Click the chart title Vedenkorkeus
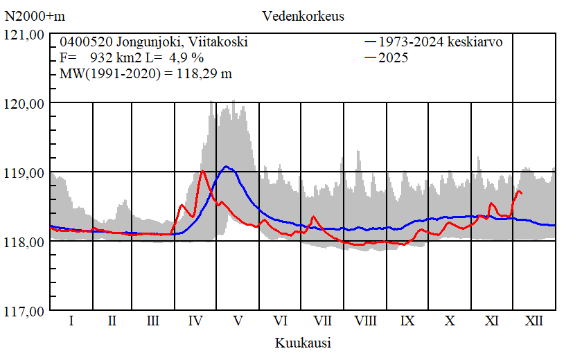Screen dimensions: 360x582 pos(303,15)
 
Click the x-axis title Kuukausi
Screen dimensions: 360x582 pos(303,343)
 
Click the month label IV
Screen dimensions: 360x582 pos(195,321)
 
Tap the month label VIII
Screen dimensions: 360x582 pos(365,321)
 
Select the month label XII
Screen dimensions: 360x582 pos(534,321)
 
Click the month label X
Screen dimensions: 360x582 pos(450,321)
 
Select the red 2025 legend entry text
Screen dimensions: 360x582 pos(394,58)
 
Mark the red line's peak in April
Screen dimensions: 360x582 pos(202,171)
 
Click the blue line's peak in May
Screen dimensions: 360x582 pos(227,166)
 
